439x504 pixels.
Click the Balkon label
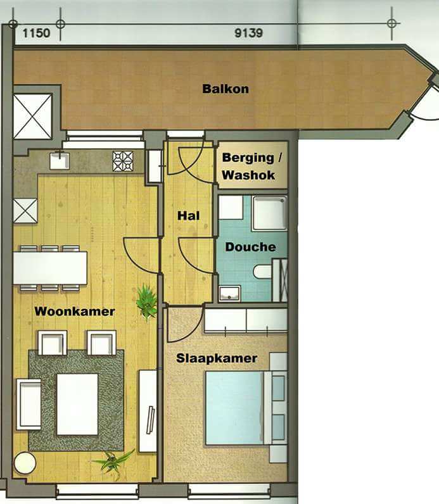click(x=226, y=89)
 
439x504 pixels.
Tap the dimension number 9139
click(x=248, y=33)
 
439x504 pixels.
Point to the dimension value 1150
click(x=36, y=33)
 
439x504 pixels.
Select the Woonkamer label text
click(x=75, y=311)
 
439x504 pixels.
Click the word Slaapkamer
click(x=217, y=358)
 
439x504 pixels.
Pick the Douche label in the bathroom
click(x=250, y=247)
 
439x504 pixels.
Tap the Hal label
click(x=189, y=216)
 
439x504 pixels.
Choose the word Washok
click(x=248, y=175)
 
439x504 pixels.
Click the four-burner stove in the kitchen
click(x=123, y=161)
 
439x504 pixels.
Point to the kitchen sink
click(x=60, y=161)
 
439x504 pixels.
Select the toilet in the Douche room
click(x=262, y=272)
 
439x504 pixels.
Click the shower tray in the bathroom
click(x=269, y=213)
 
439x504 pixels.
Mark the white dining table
click(x=50, y=268)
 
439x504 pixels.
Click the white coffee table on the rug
click(x=77, y=404)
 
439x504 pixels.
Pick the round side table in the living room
click(x=25, y=463)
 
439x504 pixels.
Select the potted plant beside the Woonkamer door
click(x=146, y=301)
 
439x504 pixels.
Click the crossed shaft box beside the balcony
click(x=32, y=117)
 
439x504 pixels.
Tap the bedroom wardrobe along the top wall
click(x=246, y=320)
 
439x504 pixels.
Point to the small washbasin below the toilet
click(x=229, y=293)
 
